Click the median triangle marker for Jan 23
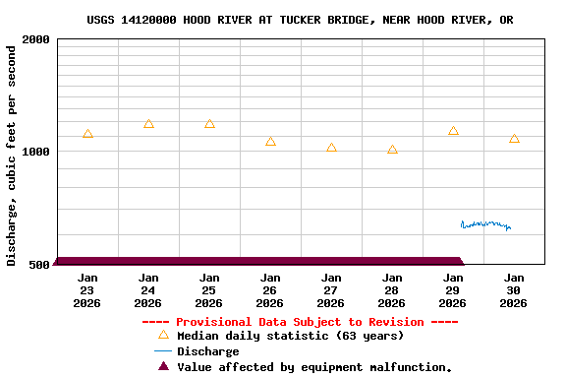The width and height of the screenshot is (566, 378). pos(87,134)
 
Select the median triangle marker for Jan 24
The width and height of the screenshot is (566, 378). pos(148,124)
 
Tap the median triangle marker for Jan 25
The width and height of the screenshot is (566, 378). pos(209,124)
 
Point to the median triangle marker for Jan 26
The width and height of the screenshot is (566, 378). pos(270,142)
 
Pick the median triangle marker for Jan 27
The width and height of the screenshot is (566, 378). pos(331,148)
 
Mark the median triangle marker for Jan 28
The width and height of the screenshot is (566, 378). pos(392,150)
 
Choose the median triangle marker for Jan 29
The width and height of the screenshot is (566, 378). pos(453,131)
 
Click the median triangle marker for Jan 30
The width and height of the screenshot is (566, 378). pos(514,139)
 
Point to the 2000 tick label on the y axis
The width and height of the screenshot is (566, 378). pos(36,39)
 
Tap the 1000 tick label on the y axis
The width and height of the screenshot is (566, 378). pos(36,152)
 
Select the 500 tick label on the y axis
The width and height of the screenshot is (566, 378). pos(39,265)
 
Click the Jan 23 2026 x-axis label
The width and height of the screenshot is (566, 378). pos(87,290)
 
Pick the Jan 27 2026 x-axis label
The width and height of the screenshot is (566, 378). pos(331,290)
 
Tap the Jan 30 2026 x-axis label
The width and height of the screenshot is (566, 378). pos(514,290)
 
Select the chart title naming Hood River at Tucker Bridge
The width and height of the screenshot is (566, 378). pos(300,20)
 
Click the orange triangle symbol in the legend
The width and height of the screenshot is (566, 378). pos(163,335)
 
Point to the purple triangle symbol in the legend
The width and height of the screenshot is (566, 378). pos(163,366)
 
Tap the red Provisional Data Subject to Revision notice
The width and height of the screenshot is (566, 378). pos(300,322)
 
